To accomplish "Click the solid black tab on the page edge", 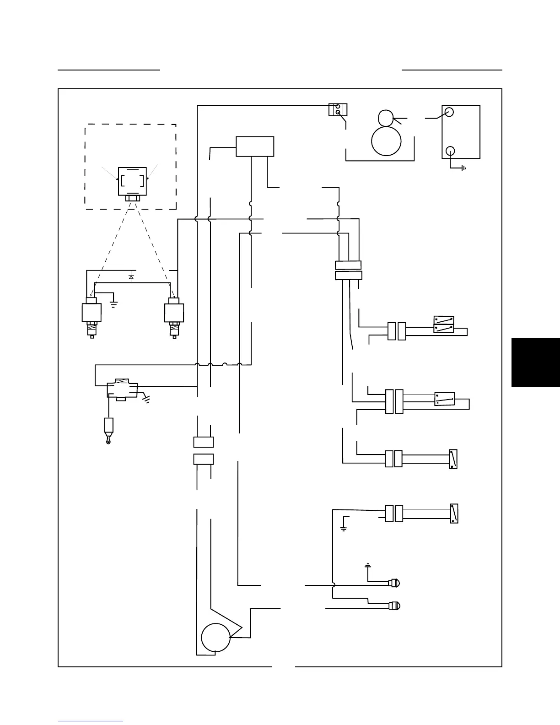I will pyautogui.click(x=535, y=362).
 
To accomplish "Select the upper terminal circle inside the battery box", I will pyautogui.click(x=449, y=112).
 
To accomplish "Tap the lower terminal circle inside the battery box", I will pyautogui.click(x=450, y=151).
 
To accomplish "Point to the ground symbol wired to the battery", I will pyautogui.click(x=464, y=168).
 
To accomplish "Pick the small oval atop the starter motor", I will pyautogui.click(x=386, y=118).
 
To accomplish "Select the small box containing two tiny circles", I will pyautogui.click(x=338, y=110).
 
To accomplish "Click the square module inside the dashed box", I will pyautogui.click(x=133, y=181).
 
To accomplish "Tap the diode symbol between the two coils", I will pyautogui.click(x=131, y=276).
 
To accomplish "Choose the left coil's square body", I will pyautogui.click(x=92, y=313).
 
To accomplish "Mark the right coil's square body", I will pyautogui.click(x=174, y=313).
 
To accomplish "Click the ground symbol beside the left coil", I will pyautogui.click(x=114, y=303).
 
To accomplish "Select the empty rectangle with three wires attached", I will pyautogui.click(x=255, y=146).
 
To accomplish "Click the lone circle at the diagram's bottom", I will pyautogui.click(x=216, y=638).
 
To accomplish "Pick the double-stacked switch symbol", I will pyautogui.click(x=444, y=324).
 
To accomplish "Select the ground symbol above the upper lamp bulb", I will pyautogui.click(x=367, y=566).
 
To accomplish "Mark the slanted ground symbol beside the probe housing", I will pyautogui.click(x=147, y=400).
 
